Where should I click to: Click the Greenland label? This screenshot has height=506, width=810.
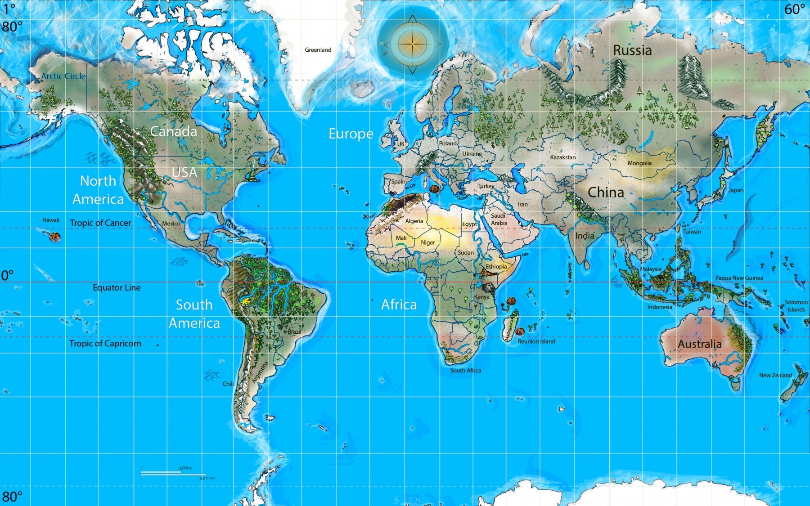pos(318,50)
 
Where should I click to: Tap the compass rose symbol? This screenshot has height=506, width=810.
pos(412,44)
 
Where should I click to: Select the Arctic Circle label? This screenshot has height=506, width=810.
pos(63,76)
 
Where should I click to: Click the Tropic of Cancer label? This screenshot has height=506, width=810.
pos(100,223)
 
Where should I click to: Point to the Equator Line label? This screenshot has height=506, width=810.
pos(117,288)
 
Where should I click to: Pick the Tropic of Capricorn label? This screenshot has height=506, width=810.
pos(105,344)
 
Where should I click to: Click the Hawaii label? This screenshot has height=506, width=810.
pos(51,220)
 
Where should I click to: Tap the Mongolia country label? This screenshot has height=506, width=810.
pos(639,163)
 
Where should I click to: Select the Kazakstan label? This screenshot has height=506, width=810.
pos(562,157)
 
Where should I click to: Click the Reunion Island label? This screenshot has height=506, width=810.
pos(536,342)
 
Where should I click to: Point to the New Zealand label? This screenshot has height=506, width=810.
pos(775,376)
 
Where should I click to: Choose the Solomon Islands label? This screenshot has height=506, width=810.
pos(796,306)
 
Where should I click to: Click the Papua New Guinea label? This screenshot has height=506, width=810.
pos(739,278)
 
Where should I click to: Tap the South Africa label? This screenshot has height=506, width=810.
pos(465,371)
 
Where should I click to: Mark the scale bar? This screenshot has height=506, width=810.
pos(173,473)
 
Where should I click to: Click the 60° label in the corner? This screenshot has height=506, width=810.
pos(794,9)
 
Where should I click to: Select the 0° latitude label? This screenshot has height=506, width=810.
pos(7,275)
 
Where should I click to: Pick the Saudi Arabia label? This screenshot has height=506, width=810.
pos(499,219)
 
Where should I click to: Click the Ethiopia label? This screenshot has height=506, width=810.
pos(496,267)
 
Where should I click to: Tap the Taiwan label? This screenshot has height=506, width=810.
pos(692,232)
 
